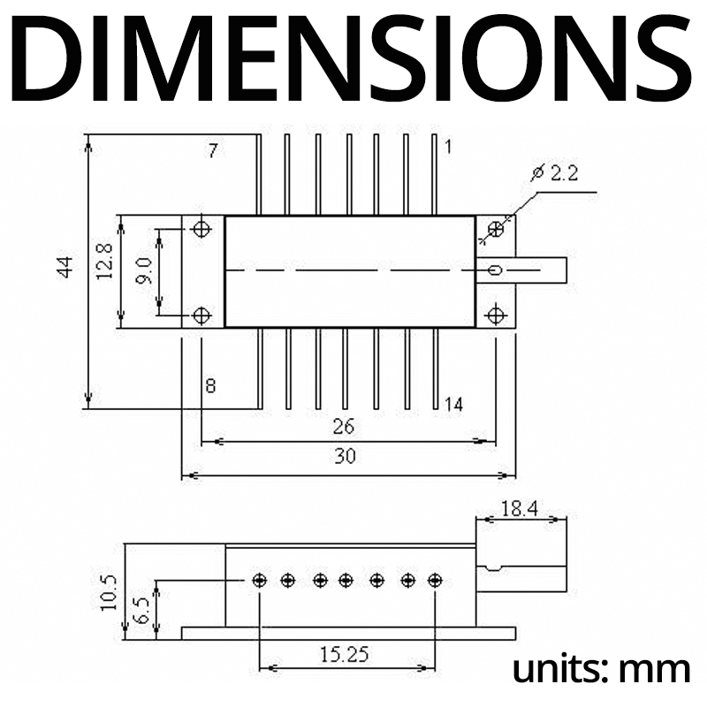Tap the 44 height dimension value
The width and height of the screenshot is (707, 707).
click(65, 267)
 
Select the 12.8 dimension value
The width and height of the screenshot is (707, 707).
click(104, 262)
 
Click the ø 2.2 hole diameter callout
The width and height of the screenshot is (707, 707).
click(556, 174)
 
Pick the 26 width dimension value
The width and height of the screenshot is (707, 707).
click(344, 426)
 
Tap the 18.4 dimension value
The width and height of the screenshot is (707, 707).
click(521, 509)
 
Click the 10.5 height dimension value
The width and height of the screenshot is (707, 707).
click(109, 592)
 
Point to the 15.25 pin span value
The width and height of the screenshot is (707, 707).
click(346, 655)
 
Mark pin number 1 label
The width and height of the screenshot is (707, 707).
click(448, 148)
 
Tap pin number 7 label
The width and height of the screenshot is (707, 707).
click(213, 150)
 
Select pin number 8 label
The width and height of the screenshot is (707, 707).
click(210, 385)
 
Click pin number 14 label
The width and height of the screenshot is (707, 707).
click(453, 405)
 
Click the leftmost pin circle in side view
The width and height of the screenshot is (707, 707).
click(260, 581)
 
